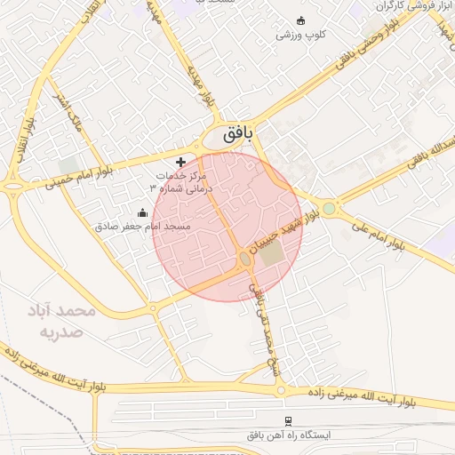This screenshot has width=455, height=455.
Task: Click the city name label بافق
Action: coord(235,135)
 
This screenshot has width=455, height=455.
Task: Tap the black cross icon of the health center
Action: coord(182,162)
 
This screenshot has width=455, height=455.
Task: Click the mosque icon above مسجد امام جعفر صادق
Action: coord(143,212)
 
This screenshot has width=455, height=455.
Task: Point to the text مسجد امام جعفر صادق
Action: coord(142,227)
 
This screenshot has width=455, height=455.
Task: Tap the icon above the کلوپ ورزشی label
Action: coord(300,21)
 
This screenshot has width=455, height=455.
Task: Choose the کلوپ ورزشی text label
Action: coord(300,36)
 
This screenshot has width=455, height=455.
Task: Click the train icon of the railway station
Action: coord(287,420)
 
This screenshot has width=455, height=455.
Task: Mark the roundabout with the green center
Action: coord(330,209)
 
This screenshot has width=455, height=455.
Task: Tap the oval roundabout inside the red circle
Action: coord(244,259)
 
